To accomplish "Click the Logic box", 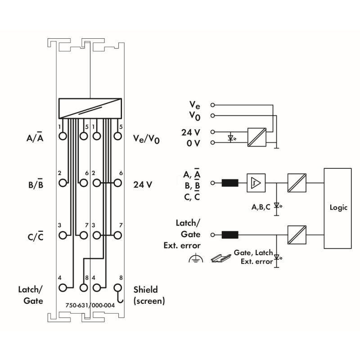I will (x=338, y=208).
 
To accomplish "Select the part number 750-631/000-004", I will (x=90, y=305).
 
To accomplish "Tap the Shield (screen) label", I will (x=149, y=295).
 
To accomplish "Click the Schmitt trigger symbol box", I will (x=256, y=183).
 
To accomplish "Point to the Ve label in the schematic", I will (x=195, y=105).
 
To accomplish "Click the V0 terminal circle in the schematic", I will (x=213, y=116).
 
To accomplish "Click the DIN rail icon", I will (x=220, y=258).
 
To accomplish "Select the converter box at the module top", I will (x=90, y=108).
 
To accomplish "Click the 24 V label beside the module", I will (x=143, y=184).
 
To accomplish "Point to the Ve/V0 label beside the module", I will (x=147, y=139).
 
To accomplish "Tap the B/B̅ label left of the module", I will (x=35, y=184).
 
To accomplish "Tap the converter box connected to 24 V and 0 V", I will (x=256, y=137).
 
